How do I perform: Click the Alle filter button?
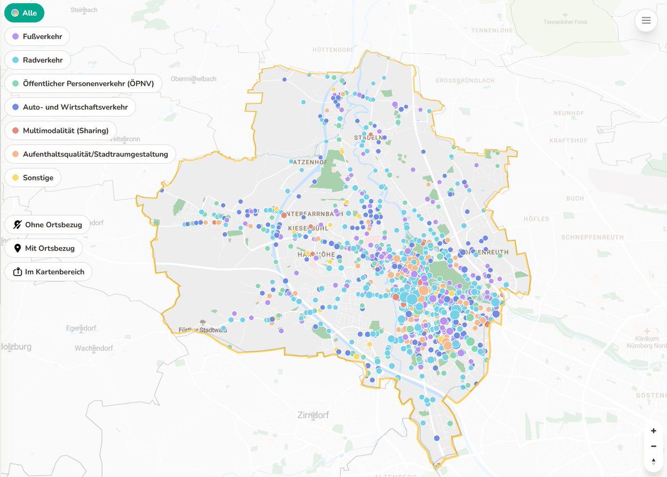click(24, 13)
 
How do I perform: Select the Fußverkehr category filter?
click(37, 36)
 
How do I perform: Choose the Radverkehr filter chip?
click(37, 60)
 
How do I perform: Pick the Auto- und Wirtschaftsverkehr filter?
click(70, 107)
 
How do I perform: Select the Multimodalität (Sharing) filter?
click(60, 130)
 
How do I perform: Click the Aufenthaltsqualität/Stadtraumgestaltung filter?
click(90, 154)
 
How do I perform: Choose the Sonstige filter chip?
click(33, 178)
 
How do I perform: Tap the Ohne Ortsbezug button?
click(47, 225)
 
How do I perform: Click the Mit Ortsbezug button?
click(43, 248)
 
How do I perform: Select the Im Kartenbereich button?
click(48, 272)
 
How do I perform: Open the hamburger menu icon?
click(646, 21)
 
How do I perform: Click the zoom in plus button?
click(654, 431)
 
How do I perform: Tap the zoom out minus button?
click(654, 446)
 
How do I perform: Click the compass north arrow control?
click(654, 461)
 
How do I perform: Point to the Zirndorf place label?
click(314, 415)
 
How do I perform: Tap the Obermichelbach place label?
click(193, 79)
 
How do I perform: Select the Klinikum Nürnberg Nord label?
click(650, 342)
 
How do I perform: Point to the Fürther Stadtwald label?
click(202, 330)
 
